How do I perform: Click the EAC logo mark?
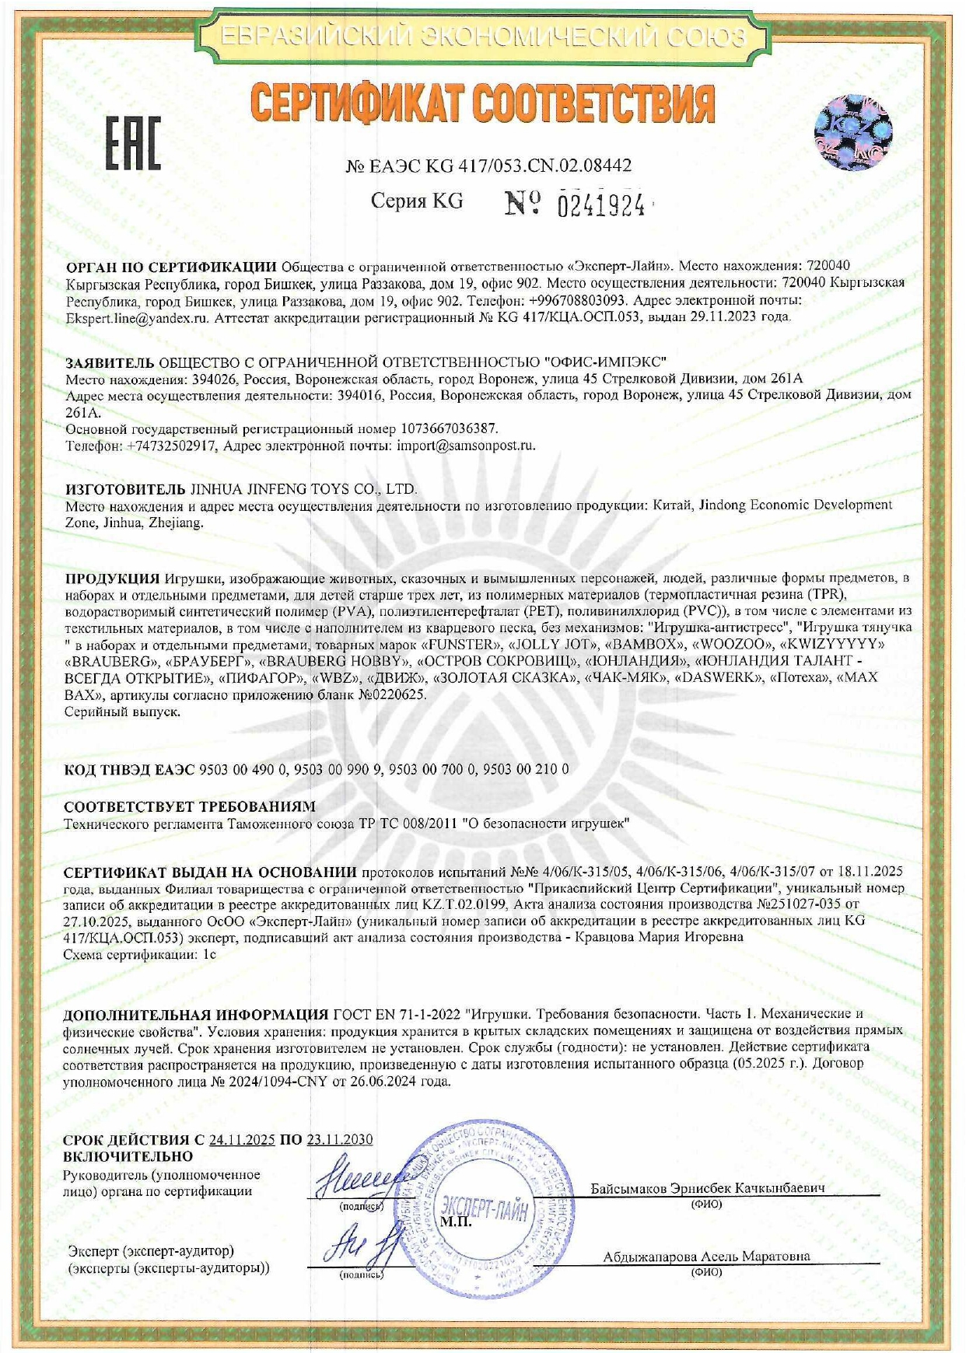pos(133,144)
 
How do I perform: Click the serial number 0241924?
pos(601,205)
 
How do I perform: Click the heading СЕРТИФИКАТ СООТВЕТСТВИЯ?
pos(482,103)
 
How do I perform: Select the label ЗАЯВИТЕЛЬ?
pos(110,362)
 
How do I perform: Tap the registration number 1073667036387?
pos(449,428)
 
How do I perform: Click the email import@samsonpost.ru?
pos(466,446)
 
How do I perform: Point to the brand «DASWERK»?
pos(720,677)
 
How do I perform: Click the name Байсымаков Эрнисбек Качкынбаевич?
pos(706,1188)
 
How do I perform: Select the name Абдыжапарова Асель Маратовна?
pos(706,1256)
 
